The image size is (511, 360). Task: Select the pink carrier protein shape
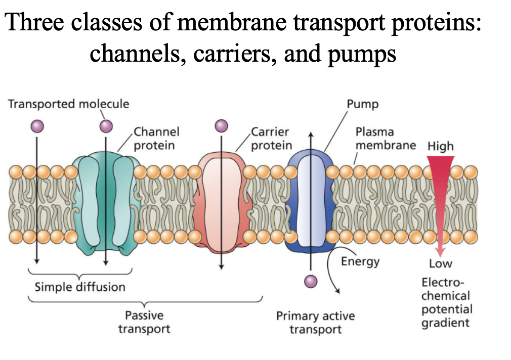(222, 202)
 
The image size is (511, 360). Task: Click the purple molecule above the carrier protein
(221, 125)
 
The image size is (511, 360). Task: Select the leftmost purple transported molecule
(36, 125)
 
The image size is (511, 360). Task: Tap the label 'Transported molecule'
(68, 104)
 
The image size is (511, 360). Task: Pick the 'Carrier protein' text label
(271, 139)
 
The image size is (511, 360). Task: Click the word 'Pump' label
(362, 104)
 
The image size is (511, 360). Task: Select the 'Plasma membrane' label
(385, 139)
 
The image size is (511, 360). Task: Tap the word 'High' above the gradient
(440, 147)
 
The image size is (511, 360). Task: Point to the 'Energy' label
(360, 261)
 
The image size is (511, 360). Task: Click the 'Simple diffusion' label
(79, 287)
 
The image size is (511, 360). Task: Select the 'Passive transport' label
(144, 322)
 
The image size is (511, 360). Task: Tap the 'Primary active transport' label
(315, 323)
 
